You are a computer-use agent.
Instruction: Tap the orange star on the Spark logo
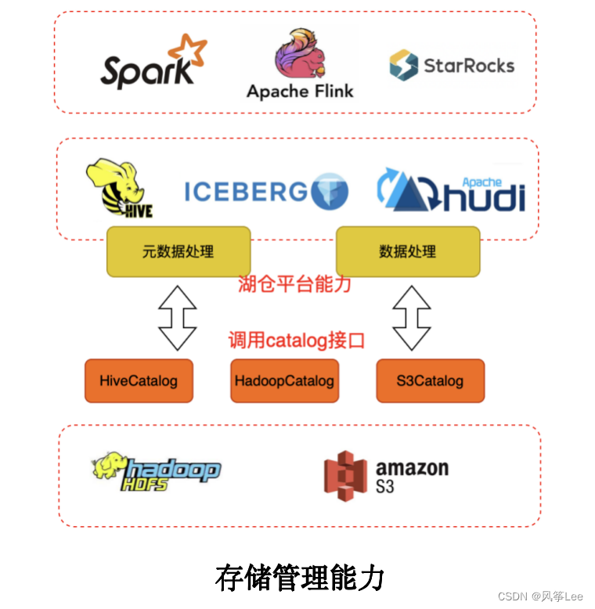click(x=189, y=49)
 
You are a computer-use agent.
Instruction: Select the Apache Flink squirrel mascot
click(x=300, y=52)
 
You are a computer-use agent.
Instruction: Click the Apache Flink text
click(x=300, y=91)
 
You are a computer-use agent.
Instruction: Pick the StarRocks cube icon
click(x=403, y=65)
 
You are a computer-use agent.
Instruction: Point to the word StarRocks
click(x=469, y=65)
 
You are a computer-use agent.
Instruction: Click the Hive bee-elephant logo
click(x=118, y=188)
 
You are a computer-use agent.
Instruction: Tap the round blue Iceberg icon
click(x=329, y=192)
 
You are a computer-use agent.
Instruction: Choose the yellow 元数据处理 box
click(x=178, y=251)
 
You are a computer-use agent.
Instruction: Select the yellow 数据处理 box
click(x=407, y=251)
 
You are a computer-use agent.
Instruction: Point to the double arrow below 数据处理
click(x=412, y=316)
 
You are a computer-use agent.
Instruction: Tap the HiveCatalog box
click(x=139, y=381)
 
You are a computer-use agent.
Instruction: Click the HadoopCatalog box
click(x=284, y=381)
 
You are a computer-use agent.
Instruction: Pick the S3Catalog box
click(x=430, y=381)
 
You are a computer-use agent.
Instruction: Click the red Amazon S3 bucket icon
click(x=345, y=475)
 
